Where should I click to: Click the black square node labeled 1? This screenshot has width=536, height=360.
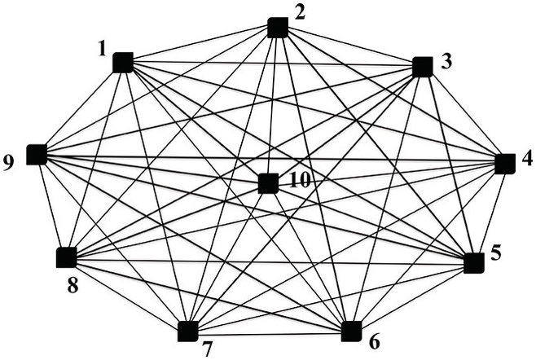pos(123,62)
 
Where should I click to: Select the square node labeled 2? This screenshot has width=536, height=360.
pos(278,28)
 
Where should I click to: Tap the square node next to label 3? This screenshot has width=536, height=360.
pos(422,67)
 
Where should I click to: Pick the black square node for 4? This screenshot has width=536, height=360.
pos(505,164)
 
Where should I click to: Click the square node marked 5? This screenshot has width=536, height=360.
pos(474,263)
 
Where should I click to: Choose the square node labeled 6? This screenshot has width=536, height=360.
pos(351,331)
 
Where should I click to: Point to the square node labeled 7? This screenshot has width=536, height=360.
pos(187,331)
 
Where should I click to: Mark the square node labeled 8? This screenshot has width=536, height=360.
pos(66,258)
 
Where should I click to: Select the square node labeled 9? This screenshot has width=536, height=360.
pos(36,154)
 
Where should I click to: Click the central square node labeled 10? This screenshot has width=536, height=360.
pos(268,183)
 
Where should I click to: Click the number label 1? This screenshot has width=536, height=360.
pos(103,49)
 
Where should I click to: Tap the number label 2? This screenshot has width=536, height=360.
pos(300,11)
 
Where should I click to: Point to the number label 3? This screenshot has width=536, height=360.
pos(445,61)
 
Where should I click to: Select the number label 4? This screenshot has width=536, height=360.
pos(527,159)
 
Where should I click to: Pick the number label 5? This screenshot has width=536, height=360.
pos(496,255)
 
